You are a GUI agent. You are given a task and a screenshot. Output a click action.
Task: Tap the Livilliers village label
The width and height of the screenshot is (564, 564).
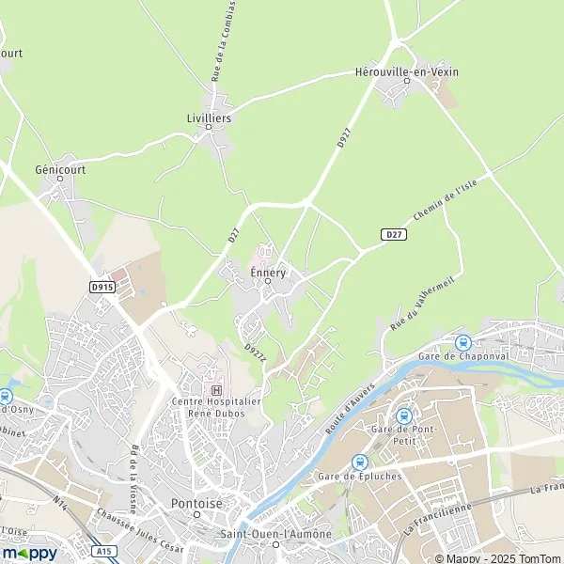coord(209,118)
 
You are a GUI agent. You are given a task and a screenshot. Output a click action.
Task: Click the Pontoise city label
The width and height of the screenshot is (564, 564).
coord(196,503)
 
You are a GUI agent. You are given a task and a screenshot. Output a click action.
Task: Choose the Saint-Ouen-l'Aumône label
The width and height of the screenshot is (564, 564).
coord(288,534)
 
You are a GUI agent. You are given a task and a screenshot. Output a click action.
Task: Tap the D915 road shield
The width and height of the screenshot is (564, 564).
coord(102,287)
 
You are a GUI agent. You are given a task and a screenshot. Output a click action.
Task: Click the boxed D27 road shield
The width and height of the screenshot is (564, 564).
coord(395,233)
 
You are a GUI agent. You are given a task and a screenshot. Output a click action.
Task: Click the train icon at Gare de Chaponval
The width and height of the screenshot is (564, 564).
coord(462,343)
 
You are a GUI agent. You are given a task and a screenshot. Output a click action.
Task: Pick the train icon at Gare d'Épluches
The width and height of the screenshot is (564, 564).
coord(360,462)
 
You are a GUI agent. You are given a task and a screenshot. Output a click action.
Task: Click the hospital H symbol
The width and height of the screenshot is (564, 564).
coord(217,390)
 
